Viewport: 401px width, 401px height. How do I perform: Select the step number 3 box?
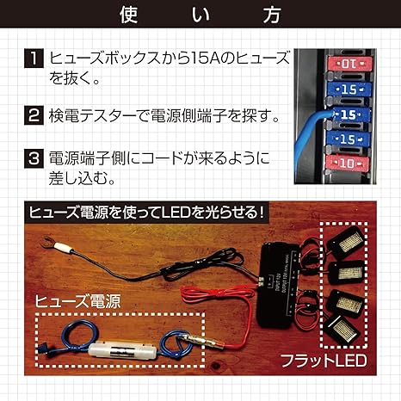tap(30, 159)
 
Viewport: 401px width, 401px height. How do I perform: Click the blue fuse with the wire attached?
tap(348, 113)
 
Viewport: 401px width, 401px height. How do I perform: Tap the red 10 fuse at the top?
tap(347, 64)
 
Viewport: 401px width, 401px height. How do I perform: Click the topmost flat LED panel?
tap(350, 242)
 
